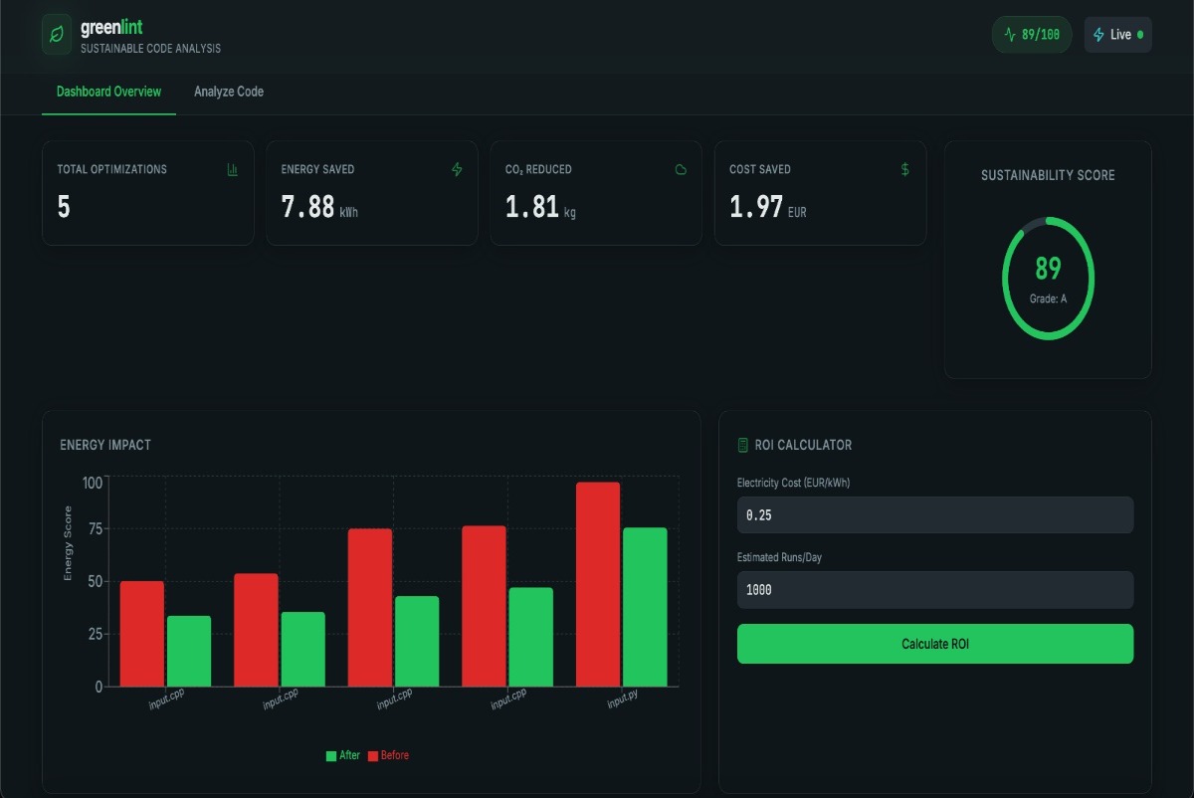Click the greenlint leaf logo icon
pos(58,35)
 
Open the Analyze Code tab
pos(229,92)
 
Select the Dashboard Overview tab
pos(108,92)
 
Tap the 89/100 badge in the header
pos(1032,35)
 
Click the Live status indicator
pos(1118,35)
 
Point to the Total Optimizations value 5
pos(64,207)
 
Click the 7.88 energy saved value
pos(307,207)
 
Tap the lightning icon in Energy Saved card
pos(457,170)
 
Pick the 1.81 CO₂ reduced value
pos(531,207)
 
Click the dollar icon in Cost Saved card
pos(904,169)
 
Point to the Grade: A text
pos(1048,298)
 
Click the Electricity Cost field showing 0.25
pos(934,515)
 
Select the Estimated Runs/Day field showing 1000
pos(934,590)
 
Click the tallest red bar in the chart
pos(598,584)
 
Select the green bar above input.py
pos(645,607)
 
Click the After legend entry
pos(342,756)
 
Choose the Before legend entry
pos(388,756)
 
